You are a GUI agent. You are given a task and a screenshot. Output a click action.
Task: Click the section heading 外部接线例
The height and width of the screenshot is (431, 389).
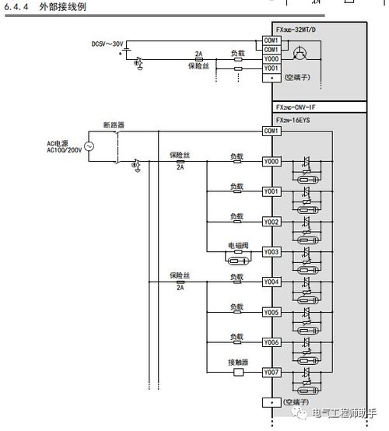coord(63,6)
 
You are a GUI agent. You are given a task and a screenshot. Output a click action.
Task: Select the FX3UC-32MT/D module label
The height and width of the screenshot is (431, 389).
coord(296,30)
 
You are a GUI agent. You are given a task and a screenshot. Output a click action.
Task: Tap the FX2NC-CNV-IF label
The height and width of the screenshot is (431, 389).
coord(296,107)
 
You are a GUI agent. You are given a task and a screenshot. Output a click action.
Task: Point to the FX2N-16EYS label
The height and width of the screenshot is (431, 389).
coord(293,120)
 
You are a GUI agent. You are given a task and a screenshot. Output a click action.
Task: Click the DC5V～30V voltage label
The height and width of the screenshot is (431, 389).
coord(107,44)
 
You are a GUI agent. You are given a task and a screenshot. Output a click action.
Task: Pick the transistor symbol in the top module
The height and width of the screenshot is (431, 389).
coord(300,54)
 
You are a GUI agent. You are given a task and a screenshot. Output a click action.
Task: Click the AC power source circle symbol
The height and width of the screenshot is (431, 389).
coord(89,146)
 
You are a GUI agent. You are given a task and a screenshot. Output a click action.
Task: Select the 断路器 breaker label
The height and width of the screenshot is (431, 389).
coord(114,125)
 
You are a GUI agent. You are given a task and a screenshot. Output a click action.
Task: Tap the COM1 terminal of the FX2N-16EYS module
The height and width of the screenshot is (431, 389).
coord(272,131)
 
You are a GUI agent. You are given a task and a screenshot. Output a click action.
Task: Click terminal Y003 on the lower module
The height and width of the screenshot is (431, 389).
coord(272,252)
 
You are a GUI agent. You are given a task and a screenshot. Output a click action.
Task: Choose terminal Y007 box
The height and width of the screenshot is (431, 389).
coord(272,373)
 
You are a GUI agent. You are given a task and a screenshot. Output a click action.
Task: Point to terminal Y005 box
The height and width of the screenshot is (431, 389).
coord(272,312)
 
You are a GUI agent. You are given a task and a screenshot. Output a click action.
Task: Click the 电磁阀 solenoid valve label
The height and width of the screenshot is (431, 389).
coord(238,246)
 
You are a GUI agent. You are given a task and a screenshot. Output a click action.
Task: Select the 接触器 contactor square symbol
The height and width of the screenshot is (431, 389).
coord(238,373)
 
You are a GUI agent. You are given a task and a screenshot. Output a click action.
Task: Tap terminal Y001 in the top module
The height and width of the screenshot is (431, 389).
coord(272,68)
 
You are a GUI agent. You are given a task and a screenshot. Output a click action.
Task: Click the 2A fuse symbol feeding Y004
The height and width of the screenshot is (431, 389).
coord(180,282)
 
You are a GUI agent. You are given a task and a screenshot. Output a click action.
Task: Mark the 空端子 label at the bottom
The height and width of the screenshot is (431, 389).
coord(296,402)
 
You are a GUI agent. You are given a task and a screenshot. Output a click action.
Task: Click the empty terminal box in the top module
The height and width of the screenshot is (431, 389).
coord(272,78)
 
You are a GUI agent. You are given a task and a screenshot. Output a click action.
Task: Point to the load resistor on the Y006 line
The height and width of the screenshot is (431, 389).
coord(237,342)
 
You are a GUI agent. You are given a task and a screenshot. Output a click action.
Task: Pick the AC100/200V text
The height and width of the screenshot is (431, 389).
coord(65,150)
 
